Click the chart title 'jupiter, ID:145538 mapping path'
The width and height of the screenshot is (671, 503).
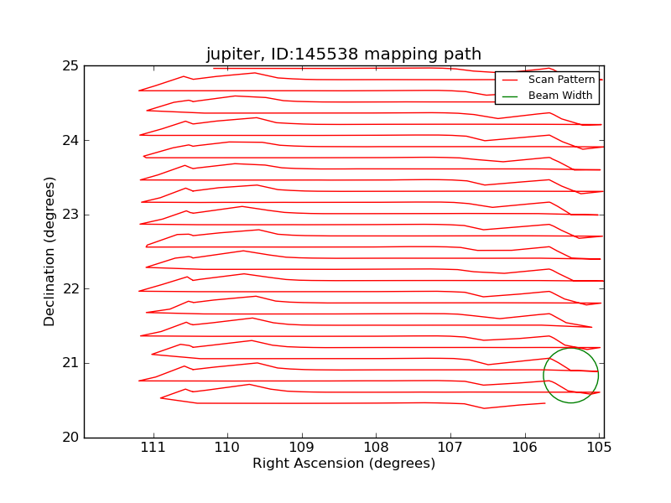click(344, 54)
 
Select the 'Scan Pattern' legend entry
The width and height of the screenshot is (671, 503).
click(560, 80)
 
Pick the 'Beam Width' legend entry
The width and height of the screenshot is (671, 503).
click(560, 96)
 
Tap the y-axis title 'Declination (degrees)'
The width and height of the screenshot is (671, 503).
click(50, 251)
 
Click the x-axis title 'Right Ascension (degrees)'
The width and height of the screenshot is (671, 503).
click(344, 464)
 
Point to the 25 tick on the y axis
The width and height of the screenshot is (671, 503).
click(70, 66)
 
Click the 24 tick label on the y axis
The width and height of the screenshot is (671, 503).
click(70, 140)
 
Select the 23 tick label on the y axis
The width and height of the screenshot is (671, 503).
click(70, 215)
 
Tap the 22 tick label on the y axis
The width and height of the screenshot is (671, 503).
click(70, 289)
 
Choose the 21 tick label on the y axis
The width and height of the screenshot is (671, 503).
click(70, 363)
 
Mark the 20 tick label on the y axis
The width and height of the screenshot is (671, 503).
click(70, 438)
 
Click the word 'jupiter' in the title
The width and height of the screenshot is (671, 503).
click(232, 54)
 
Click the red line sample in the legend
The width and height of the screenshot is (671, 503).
click(510, 80)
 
